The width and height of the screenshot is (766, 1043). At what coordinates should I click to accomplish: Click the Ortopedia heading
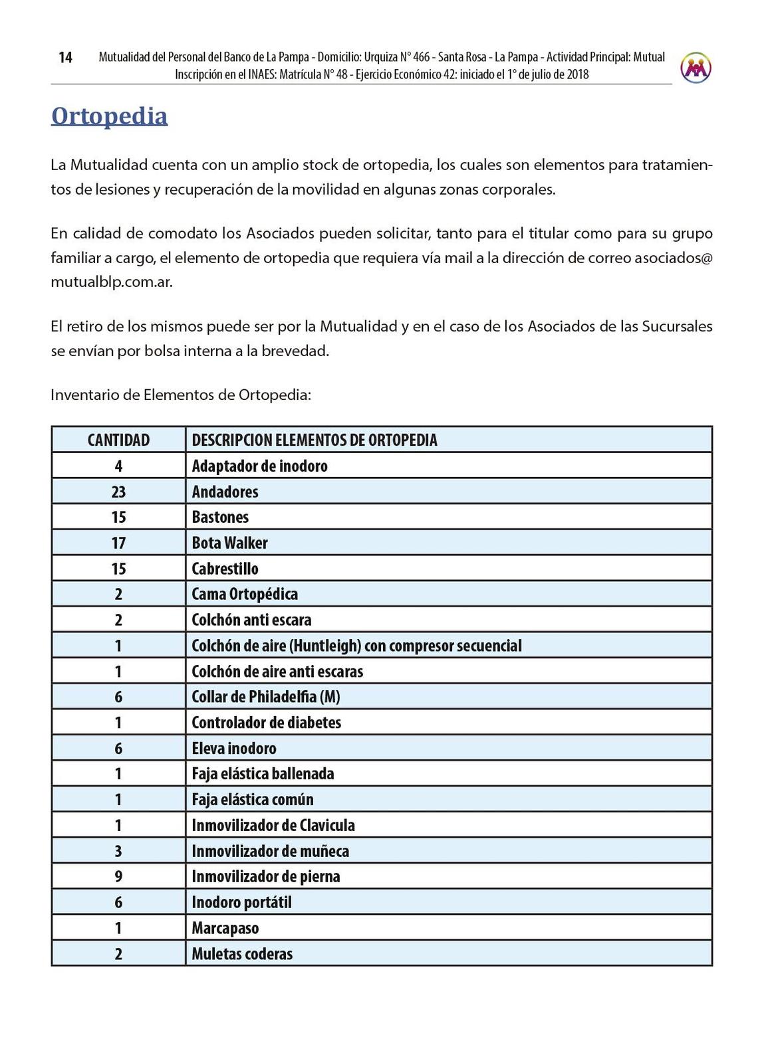click(x=109, y=116)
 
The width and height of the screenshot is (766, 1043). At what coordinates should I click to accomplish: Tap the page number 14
click(x=65, y=58)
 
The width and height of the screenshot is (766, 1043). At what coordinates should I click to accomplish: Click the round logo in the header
click(x=696, y=68)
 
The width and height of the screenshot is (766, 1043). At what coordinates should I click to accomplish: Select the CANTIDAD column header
click(x=118, y=440)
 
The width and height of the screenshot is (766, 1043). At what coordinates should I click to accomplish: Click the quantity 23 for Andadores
click(x=118, y=492)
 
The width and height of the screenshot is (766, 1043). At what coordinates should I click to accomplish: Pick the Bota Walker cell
click(x=229, y=543)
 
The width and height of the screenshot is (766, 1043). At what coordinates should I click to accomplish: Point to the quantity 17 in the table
click(x=118, y=543)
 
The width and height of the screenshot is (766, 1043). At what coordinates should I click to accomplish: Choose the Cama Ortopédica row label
click(x=244, y=594)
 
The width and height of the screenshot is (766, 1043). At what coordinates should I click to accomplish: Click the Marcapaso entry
click(x=225, y=928)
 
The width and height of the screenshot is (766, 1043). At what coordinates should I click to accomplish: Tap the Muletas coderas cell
click(x=242, y=954)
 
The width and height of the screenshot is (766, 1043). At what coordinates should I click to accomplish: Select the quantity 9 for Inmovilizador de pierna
click(x=118, y=876)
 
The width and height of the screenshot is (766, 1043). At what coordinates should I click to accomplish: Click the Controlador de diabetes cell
click(x=266, y=722)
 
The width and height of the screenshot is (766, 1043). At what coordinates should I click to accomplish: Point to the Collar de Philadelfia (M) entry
click(x=265, y=697)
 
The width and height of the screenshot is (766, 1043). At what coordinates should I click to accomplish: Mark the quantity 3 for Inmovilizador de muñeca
click(x=118, y=851)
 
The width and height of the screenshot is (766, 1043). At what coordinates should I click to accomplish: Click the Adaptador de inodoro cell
click(x=259, y=466)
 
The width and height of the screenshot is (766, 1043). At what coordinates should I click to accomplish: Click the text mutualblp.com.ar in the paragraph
click(x=111, y=282)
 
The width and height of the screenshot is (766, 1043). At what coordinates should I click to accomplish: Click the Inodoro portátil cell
click(x=241, y=902)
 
